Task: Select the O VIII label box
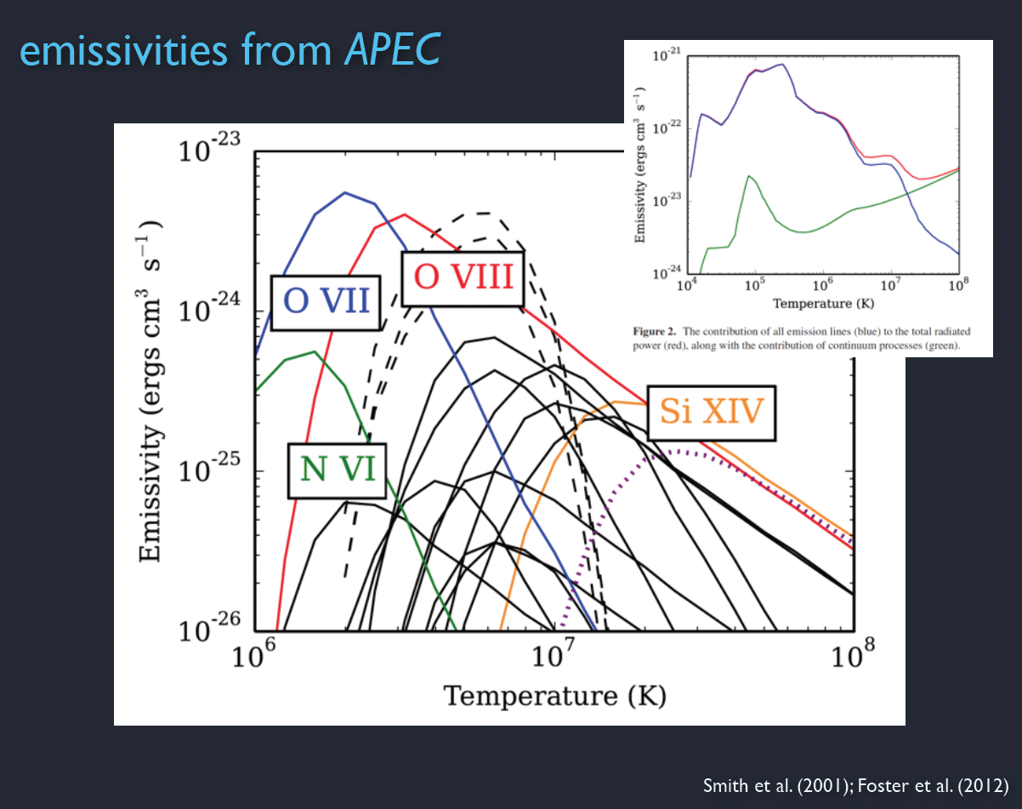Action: tap(463, 276)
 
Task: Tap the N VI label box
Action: tap(338, 470)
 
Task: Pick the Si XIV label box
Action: tap(712, 413)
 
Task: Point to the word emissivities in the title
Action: tap(122, 51)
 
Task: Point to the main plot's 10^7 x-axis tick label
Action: tap(555, 658)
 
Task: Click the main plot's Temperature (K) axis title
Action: tap(554, 695)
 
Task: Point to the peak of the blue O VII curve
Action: tap(345, 192)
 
